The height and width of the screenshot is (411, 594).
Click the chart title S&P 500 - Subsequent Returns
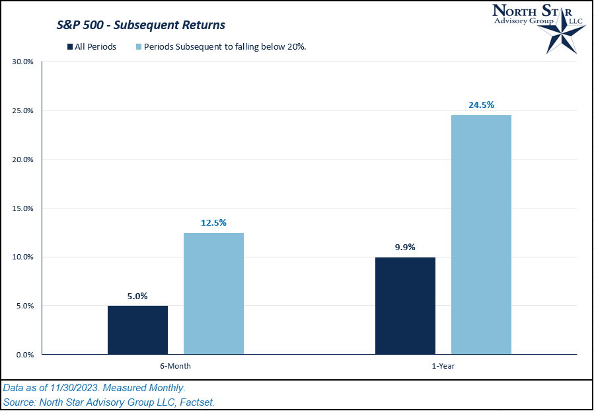140,25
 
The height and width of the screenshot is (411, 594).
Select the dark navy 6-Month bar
137,330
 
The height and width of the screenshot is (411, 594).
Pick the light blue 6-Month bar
213,293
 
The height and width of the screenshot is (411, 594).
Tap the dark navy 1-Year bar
405,306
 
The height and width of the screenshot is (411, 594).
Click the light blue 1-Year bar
481,234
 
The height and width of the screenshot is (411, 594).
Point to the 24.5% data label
481,105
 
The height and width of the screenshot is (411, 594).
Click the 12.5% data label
213,222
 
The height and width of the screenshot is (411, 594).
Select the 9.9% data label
405,247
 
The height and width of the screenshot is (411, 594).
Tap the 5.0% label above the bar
137,295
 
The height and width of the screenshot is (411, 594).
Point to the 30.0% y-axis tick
23,62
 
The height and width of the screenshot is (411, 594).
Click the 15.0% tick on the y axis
23,208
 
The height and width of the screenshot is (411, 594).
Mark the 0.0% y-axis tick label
24,355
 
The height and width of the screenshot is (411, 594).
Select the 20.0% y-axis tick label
23,160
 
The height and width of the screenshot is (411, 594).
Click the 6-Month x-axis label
175,365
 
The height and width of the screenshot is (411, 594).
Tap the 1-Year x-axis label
443,365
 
